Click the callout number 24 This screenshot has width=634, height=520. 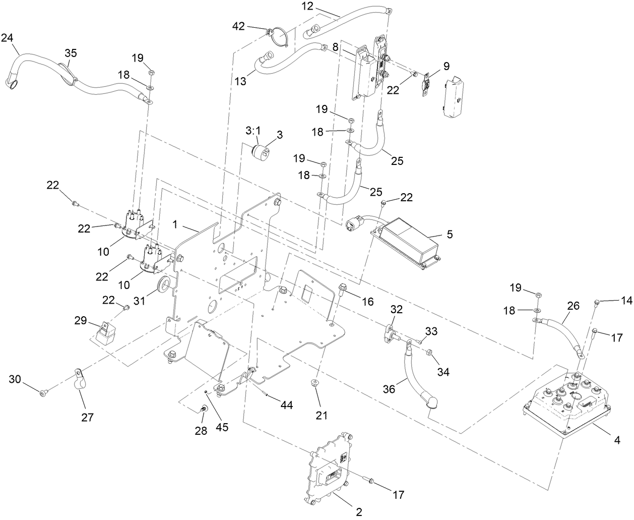coord(8,37)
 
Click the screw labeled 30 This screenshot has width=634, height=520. coord(44,391)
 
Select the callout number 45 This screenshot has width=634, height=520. coord(222,427)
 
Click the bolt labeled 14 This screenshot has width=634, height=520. coord(597,303)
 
